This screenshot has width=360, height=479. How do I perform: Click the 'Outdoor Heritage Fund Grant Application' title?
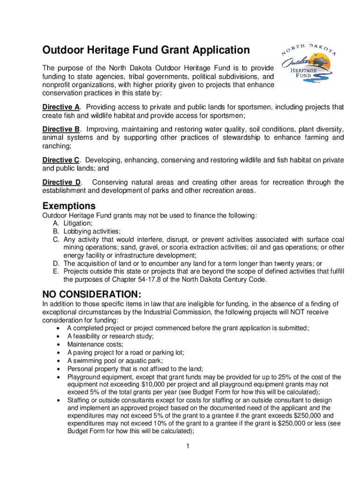pyautogui.click(x=146, y=50)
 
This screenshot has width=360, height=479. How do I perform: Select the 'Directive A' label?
pyautogui.click(x=61, y=107)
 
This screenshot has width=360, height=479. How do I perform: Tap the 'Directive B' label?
pyautogui.click(x=61, y=129)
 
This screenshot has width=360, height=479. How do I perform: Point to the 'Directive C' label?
pyautogui.click(x=61, y=160)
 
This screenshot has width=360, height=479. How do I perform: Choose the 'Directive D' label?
pyautogui.click(x=61, y=182)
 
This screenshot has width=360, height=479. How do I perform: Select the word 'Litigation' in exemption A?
pyautogui.click(x=78, y=224)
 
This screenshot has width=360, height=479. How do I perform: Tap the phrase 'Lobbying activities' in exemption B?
pyautogui.click(x=92, y=231)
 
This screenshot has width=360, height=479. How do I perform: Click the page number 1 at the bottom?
pyautogui.click(x=187, y=446)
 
